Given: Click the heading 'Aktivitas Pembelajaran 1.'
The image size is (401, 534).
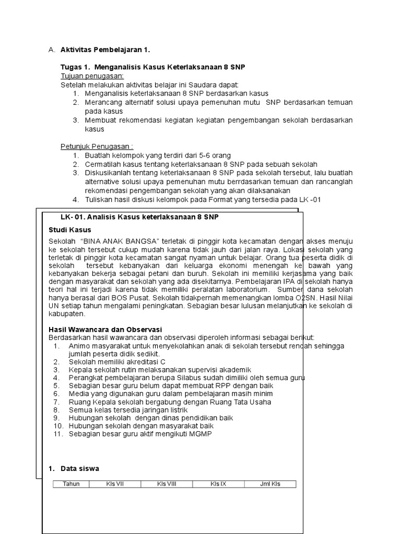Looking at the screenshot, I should pyautogui.click(x=104, y=50).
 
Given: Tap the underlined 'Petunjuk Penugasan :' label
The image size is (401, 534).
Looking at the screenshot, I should pyautogui.click(x=97, y=147).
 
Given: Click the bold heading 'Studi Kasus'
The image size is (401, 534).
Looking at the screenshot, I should pyautogui.click(x=70, y=229).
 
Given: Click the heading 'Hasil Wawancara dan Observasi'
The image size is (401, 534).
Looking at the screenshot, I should pyautogui.click(x=105, y=330).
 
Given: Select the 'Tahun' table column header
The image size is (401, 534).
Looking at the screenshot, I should pyautogui.click(x=71, y=484).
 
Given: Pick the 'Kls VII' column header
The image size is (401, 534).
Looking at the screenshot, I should pyautogui.click(x=115, y=484).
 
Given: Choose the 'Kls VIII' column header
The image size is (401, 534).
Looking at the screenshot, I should pyautogui.click(x=167, y=484).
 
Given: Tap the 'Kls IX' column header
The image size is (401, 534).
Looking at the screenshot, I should pyautogui.click(x=218, y=484).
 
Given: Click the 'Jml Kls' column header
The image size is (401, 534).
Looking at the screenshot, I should pyautogui.click(x=270, y=484).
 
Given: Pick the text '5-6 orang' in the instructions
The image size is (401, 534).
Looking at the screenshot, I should pyautogui.click(x=215, y=155).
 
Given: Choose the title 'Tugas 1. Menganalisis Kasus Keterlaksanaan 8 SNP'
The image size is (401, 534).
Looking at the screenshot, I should pyautogui.click(x=153, y=68).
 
